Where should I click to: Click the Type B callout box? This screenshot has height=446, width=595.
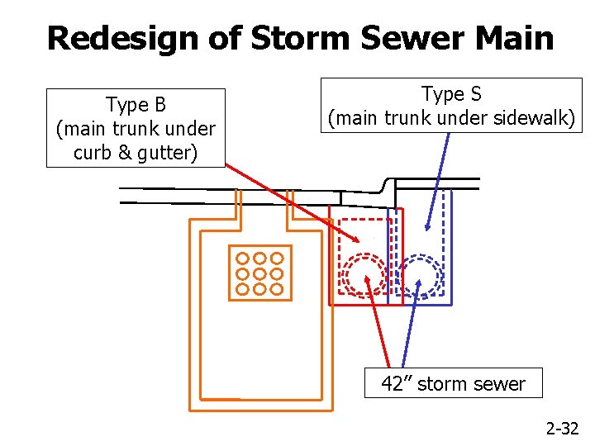[x=136, y=128]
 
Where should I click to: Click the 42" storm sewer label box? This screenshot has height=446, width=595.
[x=453, y=383]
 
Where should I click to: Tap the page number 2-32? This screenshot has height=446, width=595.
[x=562, y=428]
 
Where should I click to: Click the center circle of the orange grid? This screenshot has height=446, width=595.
[x=259, y=273]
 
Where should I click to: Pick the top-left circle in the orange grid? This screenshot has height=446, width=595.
[x=243, y=258]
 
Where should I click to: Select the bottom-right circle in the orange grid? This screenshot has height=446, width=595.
[x=276, y=289]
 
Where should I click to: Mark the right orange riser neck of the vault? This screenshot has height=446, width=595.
[x=289, y=211]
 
